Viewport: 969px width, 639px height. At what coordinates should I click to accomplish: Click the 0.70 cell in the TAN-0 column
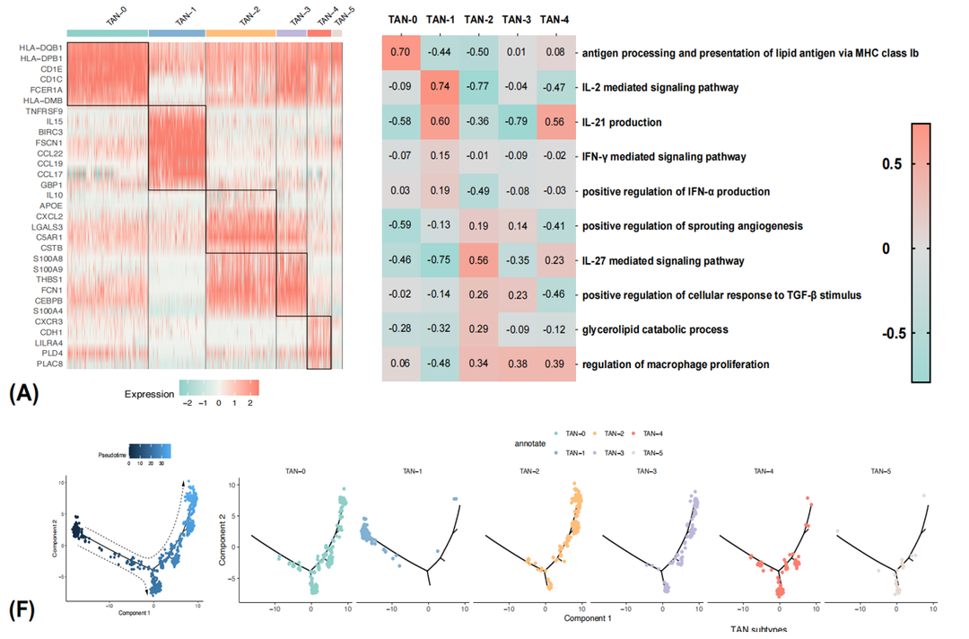pos(401,53)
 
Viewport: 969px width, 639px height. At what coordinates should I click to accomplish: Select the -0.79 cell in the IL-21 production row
pos(517,122)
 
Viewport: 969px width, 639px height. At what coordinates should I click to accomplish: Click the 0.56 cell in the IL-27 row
pos(478,260)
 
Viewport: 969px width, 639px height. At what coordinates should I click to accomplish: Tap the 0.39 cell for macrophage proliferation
pos(555,364)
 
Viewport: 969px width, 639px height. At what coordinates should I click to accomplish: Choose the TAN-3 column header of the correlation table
pos(517,20)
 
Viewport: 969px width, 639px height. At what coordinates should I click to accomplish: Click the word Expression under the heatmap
pos(150,393)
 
